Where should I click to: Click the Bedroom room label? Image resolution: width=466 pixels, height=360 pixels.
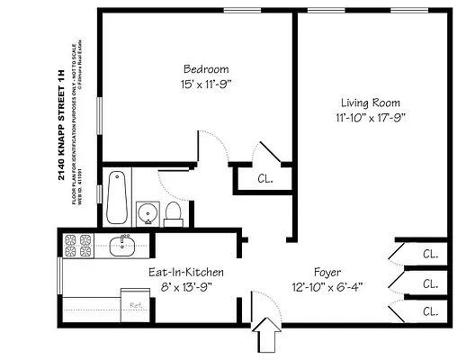[205, 69]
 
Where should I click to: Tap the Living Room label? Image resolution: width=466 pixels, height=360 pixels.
[370, 103]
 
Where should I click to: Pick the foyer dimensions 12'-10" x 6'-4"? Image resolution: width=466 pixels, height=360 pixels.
[327, 288]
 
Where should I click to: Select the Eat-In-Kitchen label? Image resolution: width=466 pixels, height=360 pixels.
[186, 272]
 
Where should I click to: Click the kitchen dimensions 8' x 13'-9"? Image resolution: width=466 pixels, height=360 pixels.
[186, 288]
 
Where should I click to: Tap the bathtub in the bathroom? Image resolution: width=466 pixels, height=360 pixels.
[115, 197]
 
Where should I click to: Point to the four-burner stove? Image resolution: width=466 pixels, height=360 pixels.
[77, 244]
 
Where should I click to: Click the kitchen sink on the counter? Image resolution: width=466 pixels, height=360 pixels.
[122, 244]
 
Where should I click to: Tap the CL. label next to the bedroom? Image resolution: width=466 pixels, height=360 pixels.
[265, 178]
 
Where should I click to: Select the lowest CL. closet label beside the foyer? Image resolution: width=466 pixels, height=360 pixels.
[430, 312]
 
